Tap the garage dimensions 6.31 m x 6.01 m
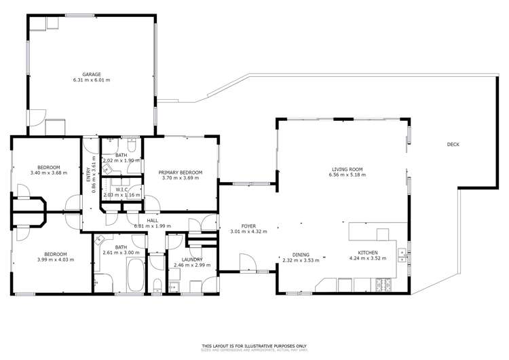91,79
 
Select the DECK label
454,144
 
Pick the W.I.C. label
123,190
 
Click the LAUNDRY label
193,259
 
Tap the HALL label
152,220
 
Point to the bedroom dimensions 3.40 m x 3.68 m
50,173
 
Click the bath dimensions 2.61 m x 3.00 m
121,253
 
